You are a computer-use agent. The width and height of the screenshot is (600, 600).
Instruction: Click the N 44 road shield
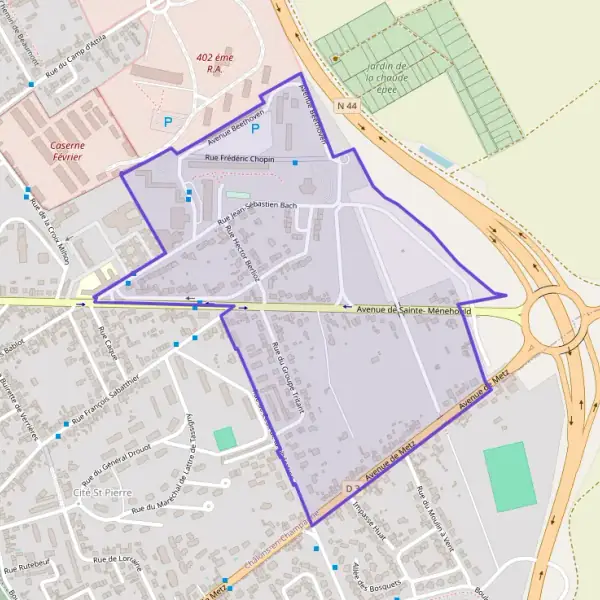pos(347,105)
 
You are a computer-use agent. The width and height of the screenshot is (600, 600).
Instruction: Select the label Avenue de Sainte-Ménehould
pos(412,311)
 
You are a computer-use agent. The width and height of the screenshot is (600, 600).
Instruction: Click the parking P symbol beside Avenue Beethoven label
pos(255,128)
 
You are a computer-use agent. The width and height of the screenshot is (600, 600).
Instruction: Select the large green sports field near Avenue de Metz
pos(510,477)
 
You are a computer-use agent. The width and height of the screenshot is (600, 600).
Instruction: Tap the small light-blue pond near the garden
pos(435,156)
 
